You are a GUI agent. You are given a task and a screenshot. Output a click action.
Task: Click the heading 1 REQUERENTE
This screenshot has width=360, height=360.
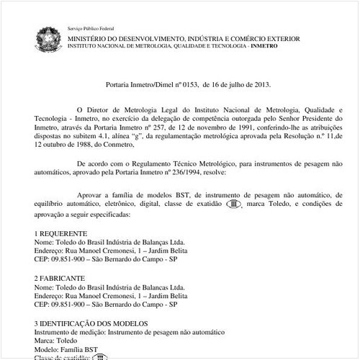pos(60,233)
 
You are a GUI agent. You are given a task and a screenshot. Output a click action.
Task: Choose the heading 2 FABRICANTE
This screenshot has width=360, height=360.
pos(60,277)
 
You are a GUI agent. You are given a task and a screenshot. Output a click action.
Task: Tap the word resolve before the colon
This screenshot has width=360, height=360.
pos(213,174)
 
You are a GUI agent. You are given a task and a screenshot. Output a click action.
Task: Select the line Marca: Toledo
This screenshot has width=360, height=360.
pos(55,341)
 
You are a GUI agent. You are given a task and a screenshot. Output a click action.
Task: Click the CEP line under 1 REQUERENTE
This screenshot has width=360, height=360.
pos(101,258)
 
